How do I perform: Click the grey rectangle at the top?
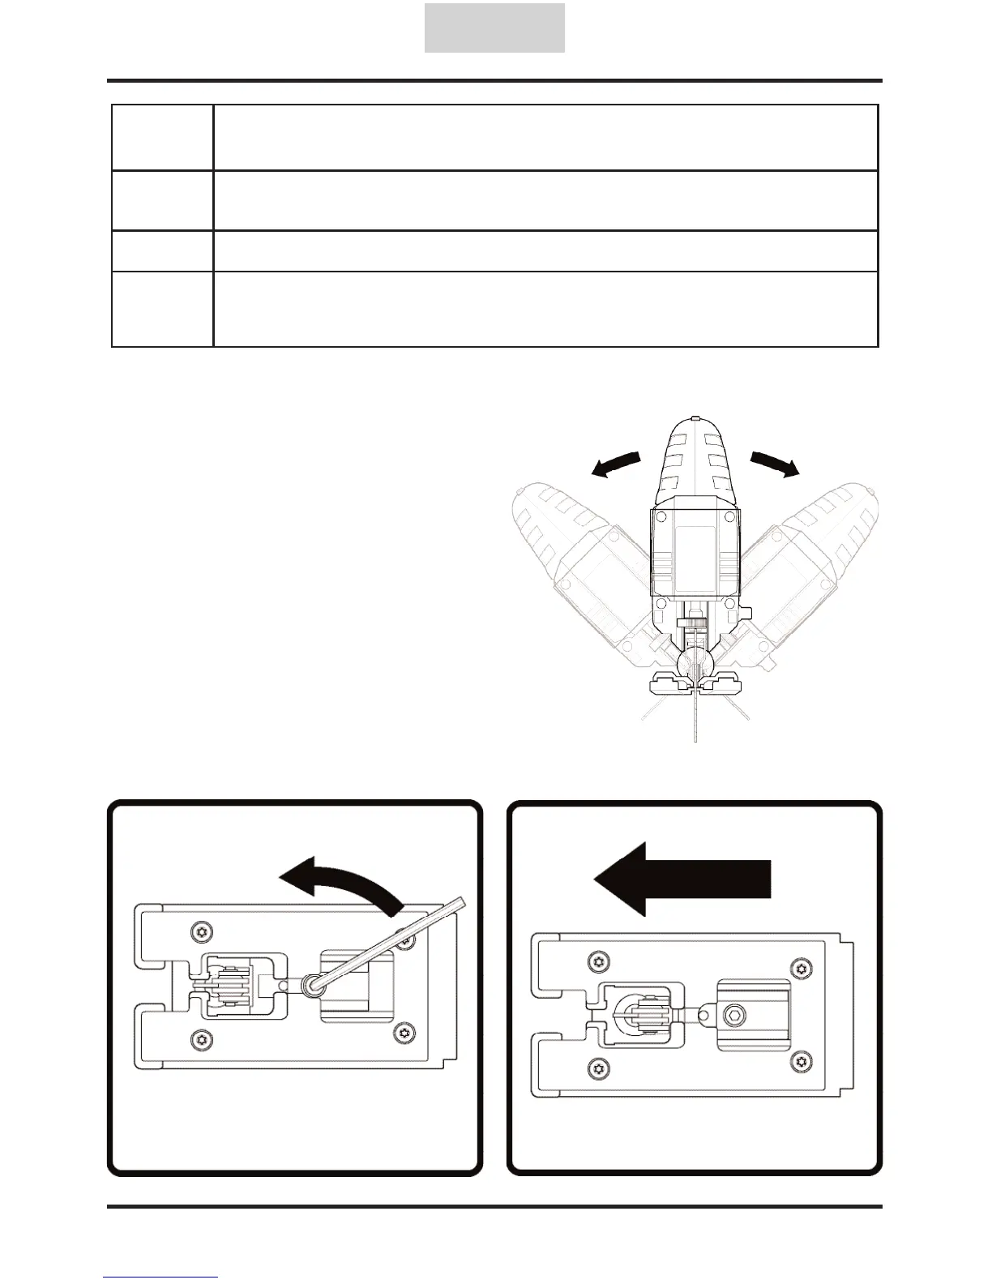click(494, 28)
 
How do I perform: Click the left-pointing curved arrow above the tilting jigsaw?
click(615, 465)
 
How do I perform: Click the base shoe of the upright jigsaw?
click(695, 686)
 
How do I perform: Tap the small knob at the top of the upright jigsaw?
click(695, 419)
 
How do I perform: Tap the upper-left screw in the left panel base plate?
click(198, 932)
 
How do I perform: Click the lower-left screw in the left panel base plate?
click(198, 1038)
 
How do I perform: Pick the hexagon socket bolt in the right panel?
click(734, 1014)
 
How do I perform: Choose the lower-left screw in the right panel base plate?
click(597, 1066)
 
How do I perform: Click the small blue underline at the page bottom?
click(160, 1278)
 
